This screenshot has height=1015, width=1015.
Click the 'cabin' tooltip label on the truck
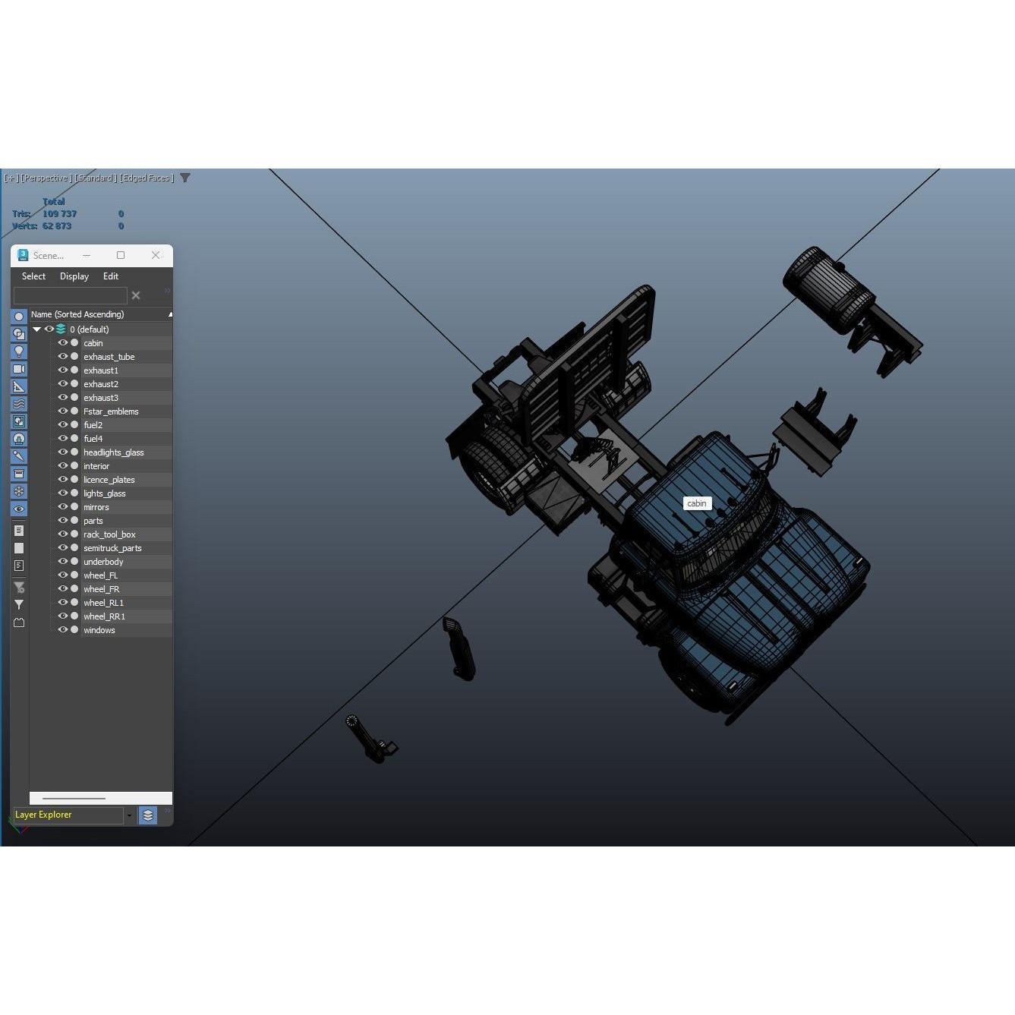696,503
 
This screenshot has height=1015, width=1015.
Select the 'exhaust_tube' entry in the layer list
109,357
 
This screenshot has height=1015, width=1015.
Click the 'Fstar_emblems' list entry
111,411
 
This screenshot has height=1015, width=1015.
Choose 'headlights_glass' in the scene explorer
113,452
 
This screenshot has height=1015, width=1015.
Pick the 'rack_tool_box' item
109,534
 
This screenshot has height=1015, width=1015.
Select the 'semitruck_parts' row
112,548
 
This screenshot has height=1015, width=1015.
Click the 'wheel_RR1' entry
104,616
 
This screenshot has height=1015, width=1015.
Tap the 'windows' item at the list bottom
99,630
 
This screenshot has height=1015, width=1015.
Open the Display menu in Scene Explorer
74,276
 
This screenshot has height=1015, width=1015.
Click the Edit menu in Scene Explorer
111,276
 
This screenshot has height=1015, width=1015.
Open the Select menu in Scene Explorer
33,276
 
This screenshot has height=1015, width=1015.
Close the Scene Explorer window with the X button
156,255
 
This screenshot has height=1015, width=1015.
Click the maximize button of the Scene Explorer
121,255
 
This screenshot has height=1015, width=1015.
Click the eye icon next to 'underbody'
63,562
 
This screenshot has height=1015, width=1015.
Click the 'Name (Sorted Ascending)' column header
77,314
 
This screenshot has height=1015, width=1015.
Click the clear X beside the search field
136,295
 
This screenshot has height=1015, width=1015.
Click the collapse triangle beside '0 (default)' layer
36,329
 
